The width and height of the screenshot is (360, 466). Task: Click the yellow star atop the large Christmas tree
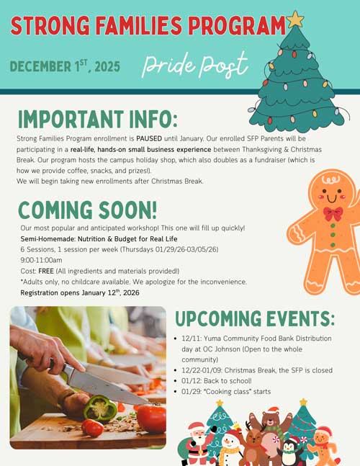[x=295, y=19]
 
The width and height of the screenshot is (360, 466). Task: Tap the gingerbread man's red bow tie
[x=333, y=213]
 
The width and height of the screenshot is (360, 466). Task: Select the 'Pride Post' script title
[x=195, y=65]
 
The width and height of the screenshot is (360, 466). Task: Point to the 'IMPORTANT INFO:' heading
[x=97, y=117]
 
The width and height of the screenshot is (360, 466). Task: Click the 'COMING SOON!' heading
[x=88, y=210]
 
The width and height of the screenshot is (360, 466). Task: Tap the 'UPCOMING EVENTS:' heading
[x=255, y=319]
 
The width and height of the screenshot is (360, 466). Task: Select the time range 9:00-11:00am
[x=41, y=259]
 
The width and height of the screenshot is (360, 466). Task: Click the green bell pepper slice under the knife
[x=100, y=408]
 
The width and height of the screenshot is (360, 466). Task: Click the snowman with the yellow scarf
[x=229, y=447]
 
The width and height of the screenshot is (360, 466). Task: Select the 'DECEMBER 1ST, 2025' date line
[x=65, y=67]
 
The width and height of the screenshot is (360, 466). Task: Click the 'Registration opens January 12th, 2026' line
[x=80, y=292]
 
